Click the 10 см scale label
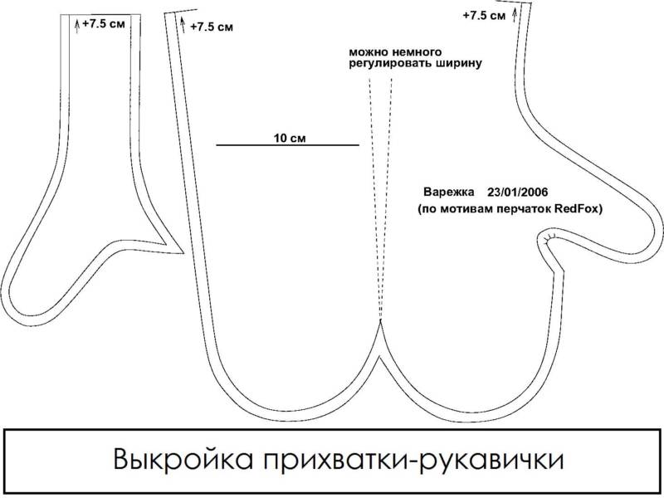pos(288,137)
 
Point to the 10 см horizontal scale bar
pos(287,145)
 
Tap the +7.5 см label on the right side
pos(485,15)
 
